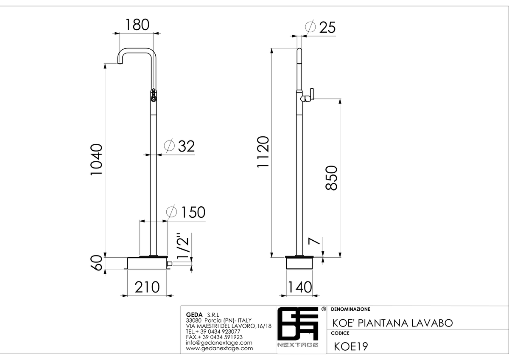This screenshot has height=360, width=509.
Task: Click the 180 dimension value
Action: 137,25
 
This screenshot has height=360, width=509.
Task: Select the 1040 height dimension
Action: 97,160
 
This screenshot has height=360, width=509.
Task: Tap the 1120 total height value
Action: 263,152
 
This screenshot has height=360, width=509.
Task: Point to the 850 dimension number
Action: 331,178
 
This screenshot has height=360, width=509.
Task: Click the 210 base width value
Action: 147,287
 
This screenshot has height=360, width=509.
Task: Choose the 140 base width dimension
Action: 300,287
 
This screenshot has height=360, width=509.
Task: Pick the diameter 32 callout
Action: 179,146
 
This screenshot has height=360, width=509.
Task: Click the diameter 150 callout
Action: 186,212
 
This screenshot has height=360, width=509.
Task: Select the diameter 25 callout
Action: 320,27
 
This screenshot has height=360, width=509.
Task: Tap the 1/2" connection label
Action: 183,246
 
